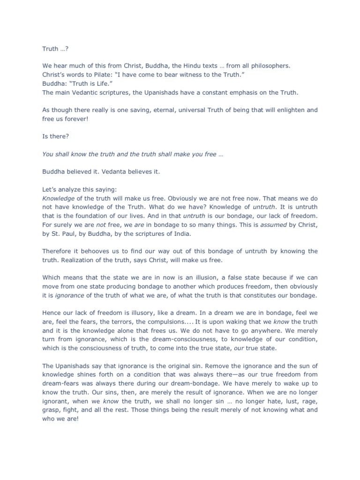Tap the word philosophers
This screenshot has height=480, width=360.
pos(268,66)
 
